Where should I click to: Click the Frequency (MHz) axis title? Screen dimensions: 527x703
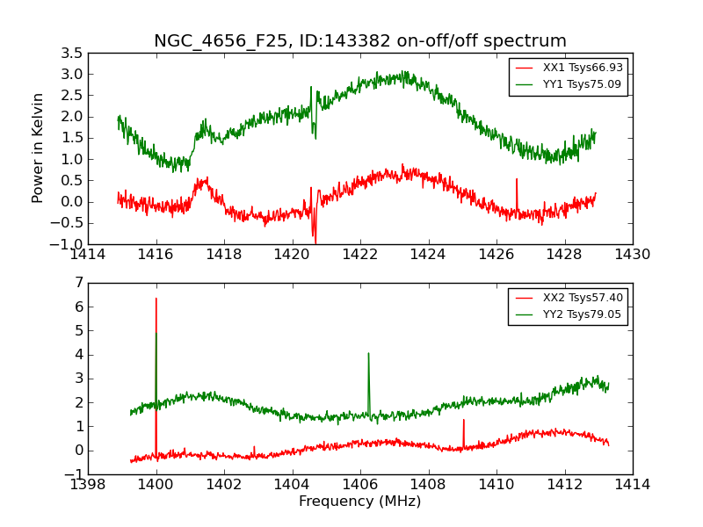359,502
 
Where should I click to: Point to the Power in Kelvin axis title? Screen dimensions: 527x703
38,148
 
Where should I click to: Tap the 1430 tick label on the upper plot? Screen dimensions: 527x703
632,255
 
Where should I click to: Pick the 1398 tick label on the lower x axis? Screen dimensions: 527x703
88,485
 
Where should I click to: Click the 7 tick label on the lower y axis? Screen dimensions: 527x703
79,283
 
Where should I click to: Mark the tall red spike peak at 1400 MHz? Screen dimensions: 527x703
156,299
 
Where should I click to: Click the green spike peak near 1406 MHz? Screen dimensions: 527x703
368,353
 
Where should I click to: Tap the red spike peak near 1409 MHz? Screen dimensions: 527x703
464,420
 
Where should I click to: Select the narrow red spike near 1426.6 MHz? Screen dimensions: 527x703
517,179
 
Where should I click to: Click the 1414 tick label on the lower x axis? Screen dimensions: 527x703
632,485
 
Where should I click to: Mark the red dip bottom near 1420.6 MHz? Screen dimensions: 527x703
315,242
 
